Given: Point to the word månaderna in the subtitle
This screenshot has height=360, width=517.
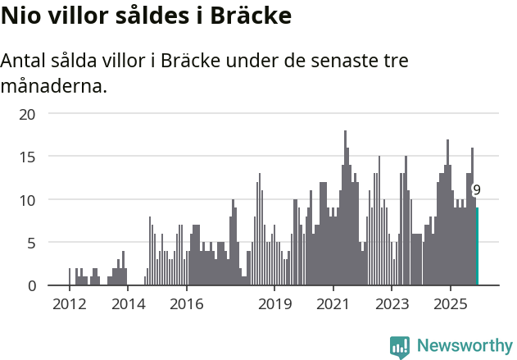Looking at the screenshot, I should pyautogui.click(x=54, y=85).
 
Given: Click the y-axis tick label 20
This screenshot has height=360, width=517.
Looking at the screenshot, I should pyautogui.click(x=28, y=113).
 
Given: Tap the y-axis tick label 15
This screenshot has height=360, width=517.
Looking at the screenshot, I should pyautogui.click(x=28, y=156).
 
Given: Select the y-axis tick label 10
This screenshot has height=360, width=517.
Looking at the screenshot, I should pyautogui.click(x=28, y=199).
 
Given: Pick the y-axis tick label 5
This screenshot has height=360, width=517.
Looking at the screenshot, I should pyautogui.click(x=32, y=243).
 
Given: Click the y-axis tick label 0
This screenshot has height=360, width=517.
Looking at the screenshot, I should pyautogui.click(x=32, y=285).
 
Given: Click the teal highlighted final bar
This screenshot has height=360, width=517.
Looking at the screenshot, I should pyautogui.click(x=477, y=247).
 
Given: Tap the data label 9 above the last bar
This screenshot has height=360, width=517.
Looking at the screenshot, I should pyautogui.click(x=477, y=190).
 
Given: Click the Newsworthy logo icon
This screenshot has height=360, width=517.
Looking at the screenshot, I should pyautogui.click(x=400, y=346).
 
